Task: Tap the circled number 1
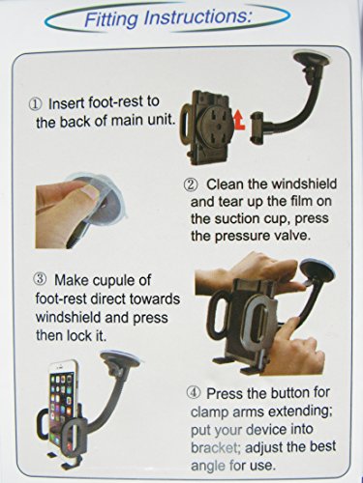coord(36,104)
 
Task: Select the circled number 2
coord(190,185)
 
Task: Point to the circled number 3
coord(40,279)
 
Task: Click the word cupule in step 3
coord(114,281)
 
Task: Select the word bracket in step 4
coord(214,448)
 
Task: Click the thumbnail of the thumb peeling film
coord(80,211)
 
